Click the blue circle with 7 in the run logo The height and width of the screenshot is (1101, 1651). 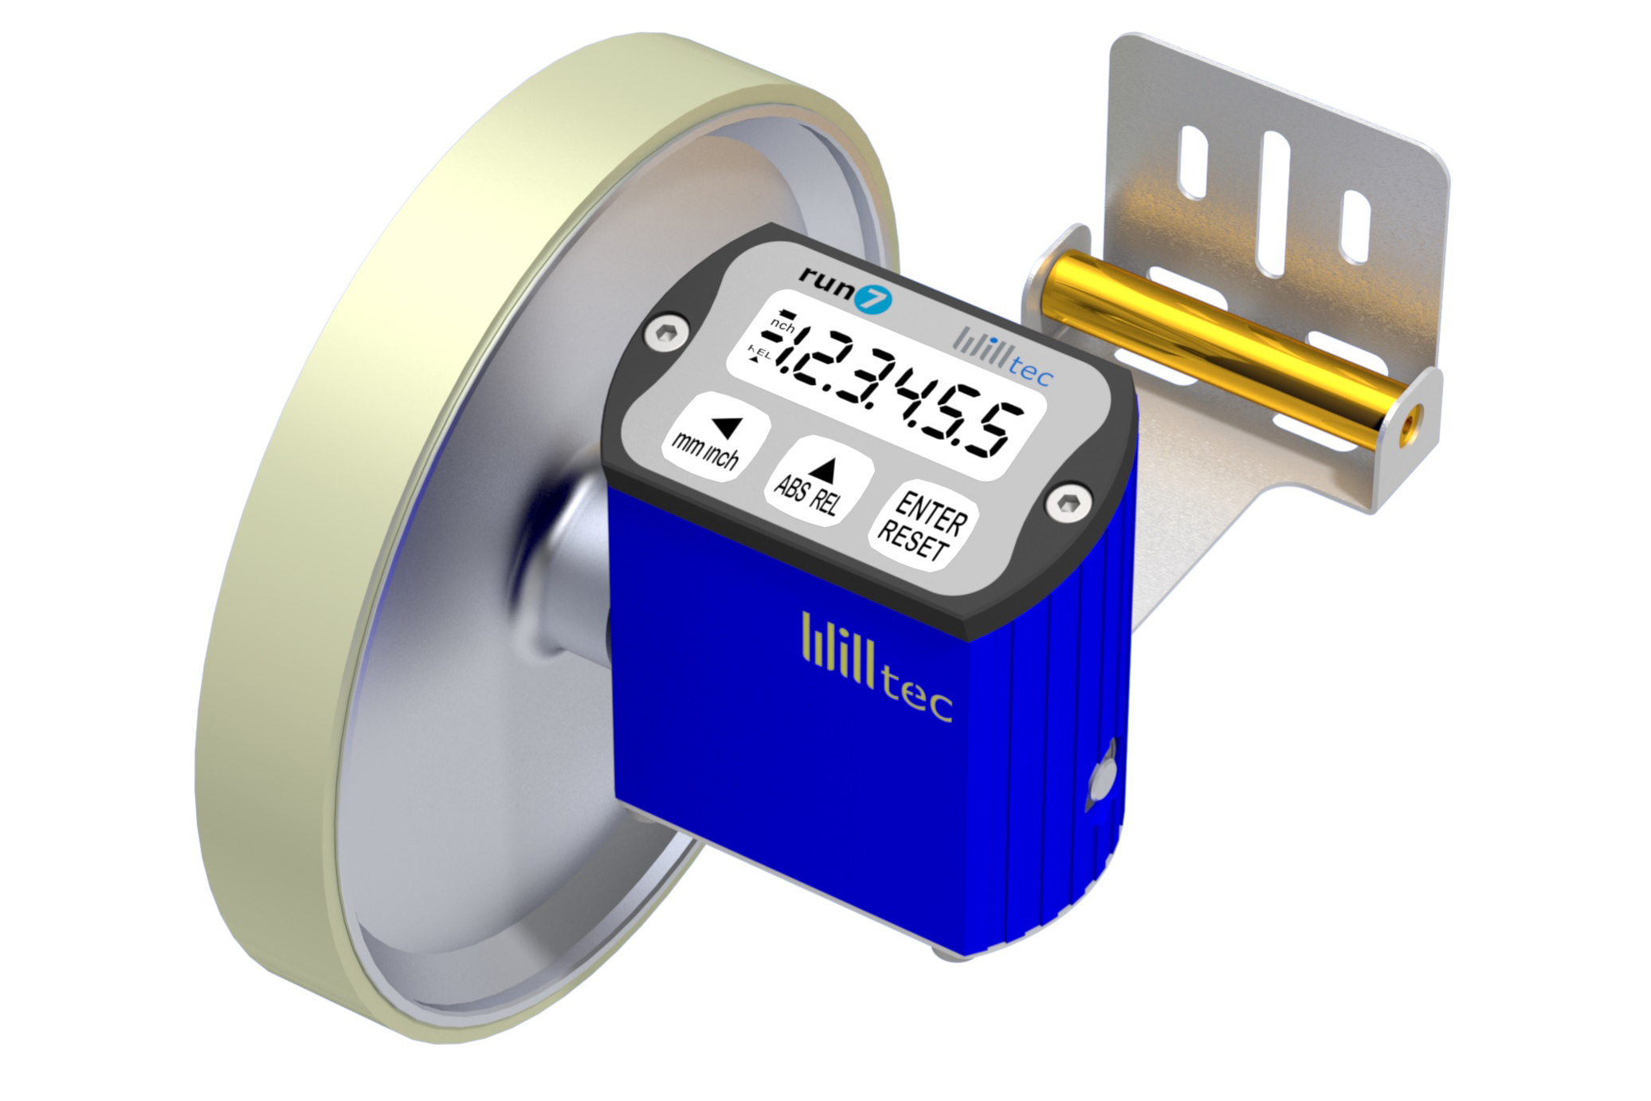(874, 300)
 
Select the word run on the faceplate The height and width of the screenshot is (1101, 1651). (825, 281)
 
